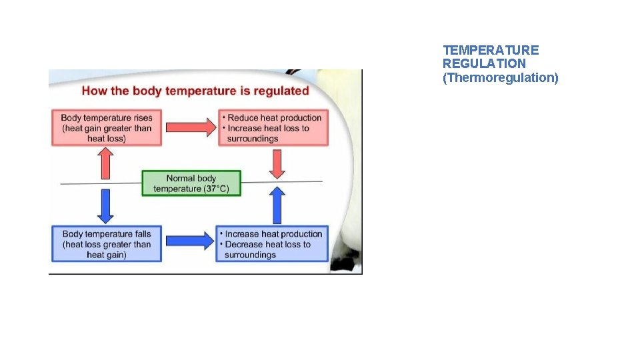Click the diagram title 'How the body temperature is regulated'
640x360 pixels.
pyautogui.click(x=195, y=91)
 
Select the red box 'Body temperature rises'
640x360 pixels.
pyautogui.click(x=107, y=128)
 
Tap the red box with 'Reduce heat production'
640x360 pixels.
pyautogui.click(x=273, y=128)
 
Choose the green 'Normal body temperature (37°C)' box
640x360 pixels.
pyautogui.click(x=191, y=183)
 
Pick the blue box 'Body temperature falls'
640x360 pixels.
pyautogui.click(x=107, y=244)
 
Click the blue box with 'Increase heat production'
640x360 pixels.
pyautogui.click(x=272, y=244)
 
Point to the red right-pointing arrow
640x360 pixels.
pyautogui.click(x=191, y=127)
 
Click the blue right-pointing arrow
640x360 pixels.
pyautogui.click(x=189, y=241)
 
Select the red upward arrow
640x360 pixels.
pyautogui.click(x=105, y=163)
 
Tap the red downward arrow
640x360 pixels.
pyautogui.click(x=276, y=164)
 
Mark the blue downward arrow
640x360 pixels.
pyautogui.click(x=105, y=205)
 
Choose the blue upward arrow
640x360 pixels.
pyautogui.click(x=277, y=205)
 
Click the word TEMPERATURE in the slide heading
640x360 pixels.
pyautogui.click(x=491, y=50)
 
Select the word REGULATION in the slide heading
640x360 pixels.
pyautogui.click(x=484, y=64)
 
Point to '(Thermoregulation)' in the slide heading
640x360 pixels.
pyautogui.click(x=501, y=78)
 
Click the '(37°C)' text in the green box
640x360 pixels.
pyautogui.click(x=215, y=189)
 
